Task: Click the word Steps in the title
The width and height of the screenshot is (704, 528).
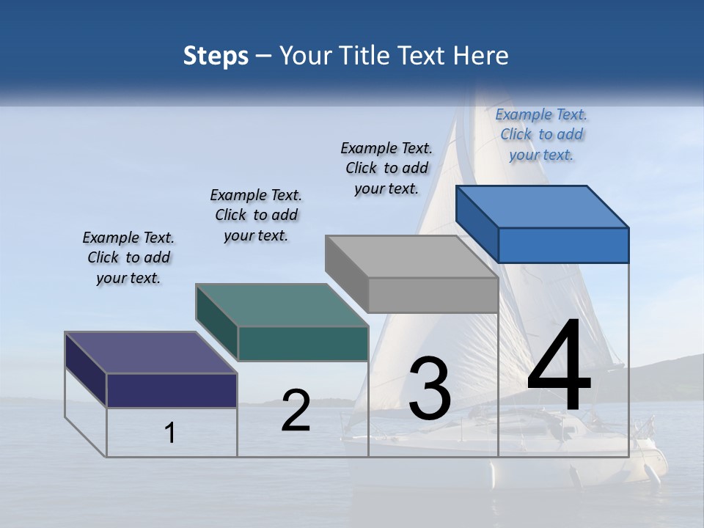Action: [x=215, y=56]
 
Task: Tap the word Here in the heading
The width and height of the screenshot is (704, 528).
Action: [x=481, y=56]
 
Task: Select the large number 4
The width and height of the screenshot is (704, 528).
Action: [x=559, y=367]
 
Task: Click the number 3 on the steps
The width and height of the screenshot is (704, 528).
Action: [x=430, y=389]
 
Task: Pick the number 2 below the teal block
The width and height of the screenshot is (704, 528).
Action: [x=296, y=411]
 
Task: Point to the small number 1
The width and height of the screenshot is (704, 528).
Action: [x=170, y=433]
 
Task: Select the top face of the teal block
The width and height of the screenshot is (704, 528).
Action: [x=282, y=305]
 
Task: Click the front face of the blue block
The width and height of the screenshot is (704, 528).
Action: [x=563, y=245]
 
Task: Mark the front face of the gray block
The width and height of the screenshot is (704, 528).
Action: [x=433, y=295]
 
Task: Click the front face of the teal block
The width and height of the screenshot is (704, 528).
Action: [x=303, y=343]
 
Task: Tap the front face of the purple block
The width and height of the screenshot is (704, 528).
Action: [x=172, y=390]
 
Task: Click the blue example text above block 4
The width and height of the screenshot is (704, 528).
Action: [x=541, y=134]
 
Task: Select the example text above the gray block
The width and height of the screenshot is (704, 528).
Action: [x=386, y=168]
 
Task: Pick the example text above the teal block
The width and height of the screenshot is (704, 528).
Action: [x=256, y=215]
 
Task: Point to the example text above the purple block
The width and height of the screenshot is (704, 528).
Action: [x=128, y=257]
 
